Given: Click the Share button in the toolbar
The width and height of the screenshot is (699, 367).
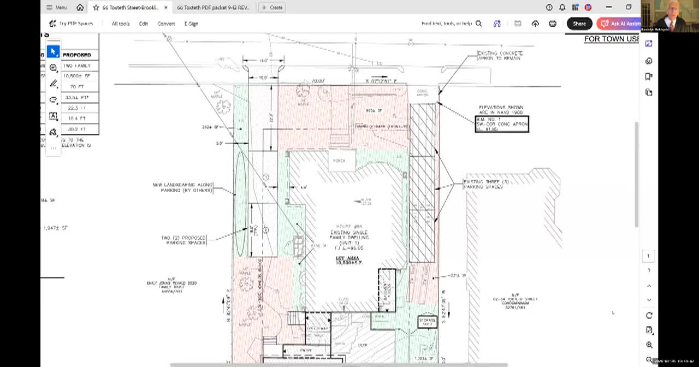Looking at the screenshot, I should [579, 23].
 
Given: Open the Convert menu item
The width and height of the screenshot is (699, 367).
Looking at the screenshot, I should [166, 23].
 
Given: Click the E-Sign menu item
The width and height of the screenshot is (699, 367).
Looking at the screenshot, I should [191, 23].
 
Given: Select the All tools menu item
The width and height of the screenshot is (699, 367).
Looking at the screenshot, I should [120, 23].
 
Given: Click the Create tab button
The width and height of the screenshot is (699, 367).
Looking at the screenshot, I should [272, 7].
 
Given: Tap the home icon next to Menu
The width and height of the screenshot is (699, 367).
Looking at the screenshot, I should [80, 7].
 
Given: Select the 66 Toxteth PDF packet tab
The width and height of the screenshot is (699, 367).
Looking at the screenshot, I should [213, 7].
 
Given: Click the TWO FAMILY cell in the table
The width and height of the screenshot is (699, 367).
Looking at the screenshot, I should [76, 66].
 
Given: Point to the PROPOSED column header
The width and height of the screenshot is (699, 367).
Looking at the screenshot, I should [76, 55].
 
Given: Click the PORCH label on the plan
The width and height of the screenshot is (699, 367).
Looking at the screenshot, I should [339, 161].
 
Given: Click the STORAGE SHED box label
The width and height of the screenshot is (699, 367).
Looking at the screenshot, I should [427, 322].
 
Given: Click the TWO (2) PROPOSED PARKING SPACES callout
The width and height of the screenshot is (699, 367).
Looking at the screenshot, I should [184, 240].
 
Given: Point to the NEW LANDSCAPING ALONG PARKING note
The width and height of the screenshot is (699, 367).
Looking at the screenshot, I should [182, 187].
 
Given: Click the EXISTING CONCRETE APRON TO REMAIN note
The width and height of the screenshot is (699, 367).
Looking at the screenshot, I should [500, 55].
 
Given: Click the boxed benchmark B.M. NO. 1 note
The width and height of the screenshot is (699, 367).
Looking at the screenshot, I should [501, 124].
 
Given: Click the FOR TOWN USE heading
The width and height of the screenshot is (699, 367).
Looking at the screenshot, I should [611, 39].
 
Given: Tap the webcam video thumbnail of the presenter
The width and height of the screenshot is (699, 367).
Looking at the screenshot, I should [670, 16].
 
